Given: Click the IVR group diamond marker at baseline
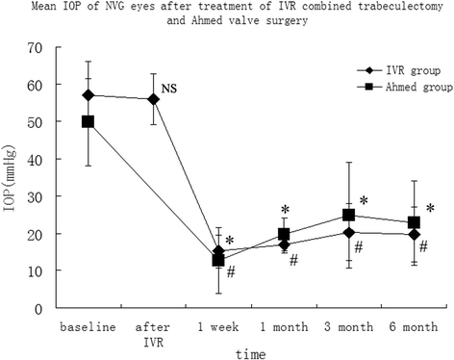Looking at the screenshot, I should [x=88, y=95].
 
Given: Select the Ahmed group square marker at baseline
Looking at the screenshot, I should [x=88, y=121].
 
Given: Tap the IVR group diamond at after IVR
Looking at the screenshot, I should [x=153, y=99].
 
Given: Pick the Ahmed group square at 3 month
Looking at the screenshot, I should [x=350, y=216].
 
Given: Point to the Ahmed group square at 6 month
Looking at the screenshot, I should [x=414, y=222].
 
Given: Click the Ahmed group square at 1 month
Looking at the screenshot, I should [x=285, y=234].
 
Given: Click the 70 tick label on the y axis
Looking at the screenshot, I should [x=35, y=47].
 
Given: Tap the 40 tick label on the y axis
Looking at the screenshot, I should [x=35, y=160].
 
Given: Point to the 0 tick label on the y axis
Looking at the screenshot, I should [x=38, y=309].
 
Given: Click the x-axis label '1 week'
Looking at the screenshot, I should [x=218, y=328].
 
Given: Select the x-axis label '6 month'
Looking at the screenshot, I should [x=414, y=328].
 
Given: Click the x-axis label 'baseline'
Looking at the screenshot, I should [x=88, y=328].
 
